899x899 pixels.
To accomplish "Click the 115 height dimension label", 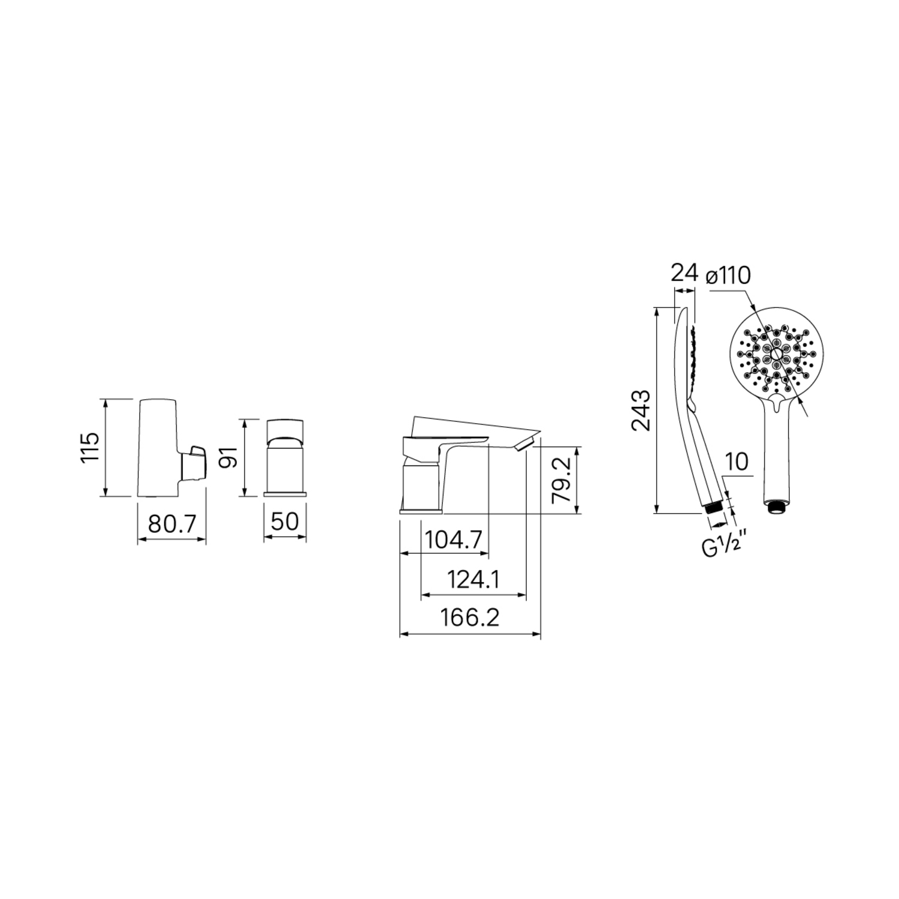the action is click(90, 447).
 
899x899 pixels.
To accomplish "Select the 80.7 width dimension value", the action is click(172, 524).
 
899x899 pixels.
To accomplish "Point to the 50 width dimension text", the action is click(285, 521).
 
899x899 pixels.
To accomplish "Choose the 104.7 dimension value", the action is click(454, 540).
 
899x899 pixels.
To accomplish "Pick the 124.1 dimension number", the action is click(474, 580).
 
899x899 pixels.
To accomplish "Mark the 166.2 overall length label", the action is click(470, 617).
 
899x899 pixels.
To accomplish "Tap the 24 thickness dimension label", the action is click(684, 273).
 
